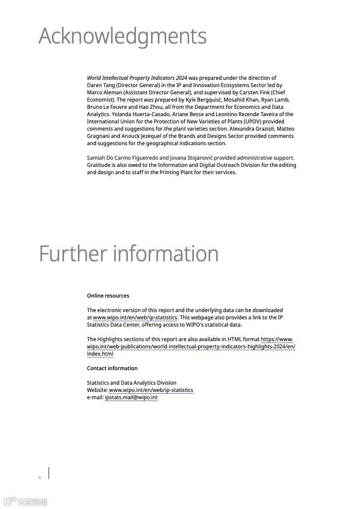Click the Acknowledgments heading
pyautogui.click(x=123, y=36)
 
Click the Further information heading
pyautogui.click(x=129, y=254)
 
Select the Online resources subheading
pyautogui.click(x=108, y=296)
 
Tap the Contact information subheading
pyautogui.click(x=112, y=368)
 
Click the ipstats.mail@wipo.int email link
pyautogui.click(x=131, y=397)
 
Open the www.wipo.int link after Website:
pyautogui.click(x=151, y=390)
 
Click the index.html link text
pyautogui.click(x=100, y=354)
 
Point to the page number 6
pyautogui.click(x=40, y=478)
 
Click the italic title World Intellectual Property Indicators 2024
pyautogui.click(x=137, y=78)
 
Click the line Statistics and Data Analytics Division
pyautogui.click(x=132, y=383)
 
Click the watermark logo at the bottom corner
pyautogui.click(x=25, y=502)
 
